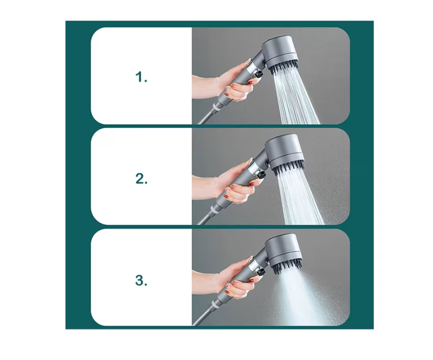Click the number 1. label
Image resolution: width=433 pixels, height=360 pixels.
(141, 77)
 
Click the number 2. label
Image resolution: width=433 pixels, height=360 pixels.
(141, 178)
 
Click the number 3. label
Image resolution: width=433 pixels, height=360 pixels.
(141, 280)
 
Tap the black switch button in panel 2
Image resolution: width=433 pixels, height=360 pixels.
(261, 174)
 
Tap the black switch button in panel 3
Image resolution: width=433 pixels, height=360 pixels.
(260, 271)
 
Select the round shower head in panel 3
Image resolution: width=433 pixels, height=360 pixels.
(285, 250)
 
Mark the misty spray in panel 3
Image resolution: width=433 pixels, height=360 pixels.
(301, 298)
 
